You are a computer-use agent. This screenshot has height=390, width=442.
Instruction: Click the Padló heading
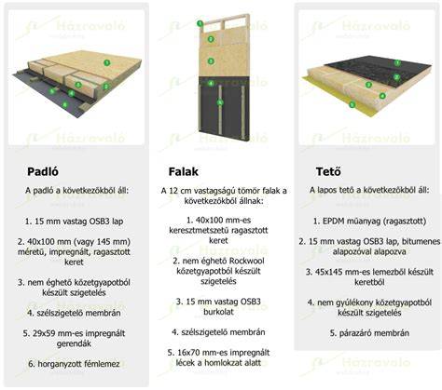pos(43,171)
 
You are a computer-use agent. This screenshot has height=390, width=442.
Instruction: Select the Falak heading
pos(184,171)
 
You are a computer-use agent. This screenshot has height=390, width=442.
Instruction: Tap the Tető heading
pos(328,171)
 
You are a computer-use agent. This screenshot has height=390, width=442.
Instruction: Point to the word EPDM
pos(332,222)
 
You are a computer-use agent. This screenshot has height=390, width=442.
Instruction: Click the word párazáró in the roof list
pos(353,333)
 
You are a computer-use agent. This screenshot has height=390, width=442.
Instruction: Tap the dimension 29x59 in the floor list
pos(44,333)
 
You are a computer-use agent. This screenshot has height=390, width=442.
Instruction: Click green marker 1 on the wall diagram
pos(200,23)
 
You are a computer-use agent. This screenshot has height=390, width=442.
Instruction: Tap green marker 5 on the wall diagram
pos(220,101)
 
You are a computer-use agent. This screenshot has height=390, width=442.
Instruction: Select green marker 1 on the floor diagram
pos(107,63)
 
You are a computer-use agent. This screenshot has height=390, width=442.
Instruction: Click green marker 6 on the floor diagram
pos(64,104)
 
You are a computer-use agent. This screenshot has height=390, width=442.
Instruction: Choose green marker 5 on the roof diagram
pos(352,104)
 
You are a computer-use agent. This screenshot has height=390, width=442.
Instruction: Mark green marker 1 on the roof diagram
pos(397,63)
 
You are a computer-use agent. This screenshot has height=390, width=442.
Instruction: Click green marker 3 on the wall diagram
pos(211,61)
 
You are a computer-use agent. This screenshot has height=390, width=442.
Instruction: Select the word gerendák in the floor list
pos(74,343)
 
